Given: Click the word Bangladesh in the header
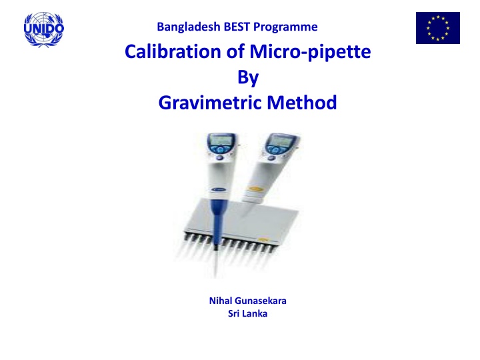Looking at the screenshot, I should click(181, 27).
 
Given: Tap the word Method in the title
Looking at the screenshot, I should click(299, 103).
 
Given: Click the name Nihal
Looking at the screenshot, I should click(223, 301).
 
